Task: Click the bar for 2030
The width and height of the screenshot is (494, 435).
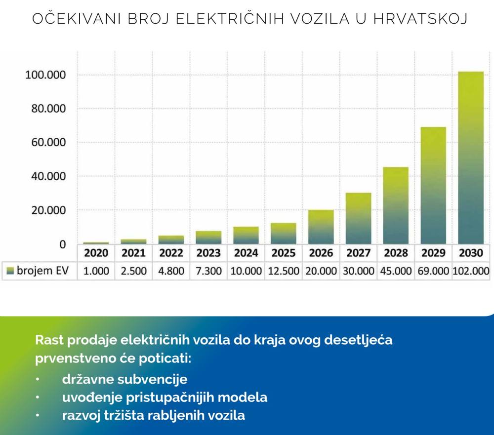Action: [471, 158]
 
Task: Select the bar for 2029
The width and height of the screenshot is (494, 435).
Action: [433, 186]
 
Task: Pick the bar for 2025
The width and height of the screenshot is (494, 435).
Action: [283, 234]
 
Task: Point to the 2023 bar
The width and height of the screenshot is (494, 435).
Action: [208, 237]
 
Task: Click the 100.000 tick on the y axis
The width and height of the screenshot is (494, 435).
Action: [45, 75]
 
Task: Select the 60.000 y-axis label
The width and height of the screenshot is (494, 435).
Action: [45, 143]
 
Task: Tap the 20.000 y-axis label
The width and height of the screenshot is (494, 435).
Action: [45, 210]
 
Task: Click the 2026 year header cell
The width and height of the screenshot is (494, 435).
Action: [321, 253]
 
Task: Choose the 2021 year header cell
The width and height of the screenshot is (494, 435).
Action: [133, 253]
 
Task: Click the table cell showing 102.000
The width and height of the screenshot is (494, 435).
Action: [471, 271]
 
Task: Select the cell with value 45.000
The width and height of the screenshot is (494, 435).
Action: [396, 271]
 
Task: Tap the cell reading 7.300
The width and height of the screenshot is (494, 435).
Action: [208, 271]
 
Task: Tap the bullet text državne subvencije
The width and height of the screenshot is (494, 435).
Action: [124, 380]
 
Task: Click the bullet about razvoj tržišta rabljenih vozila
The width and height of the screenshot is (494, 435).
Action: [153, 415]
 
